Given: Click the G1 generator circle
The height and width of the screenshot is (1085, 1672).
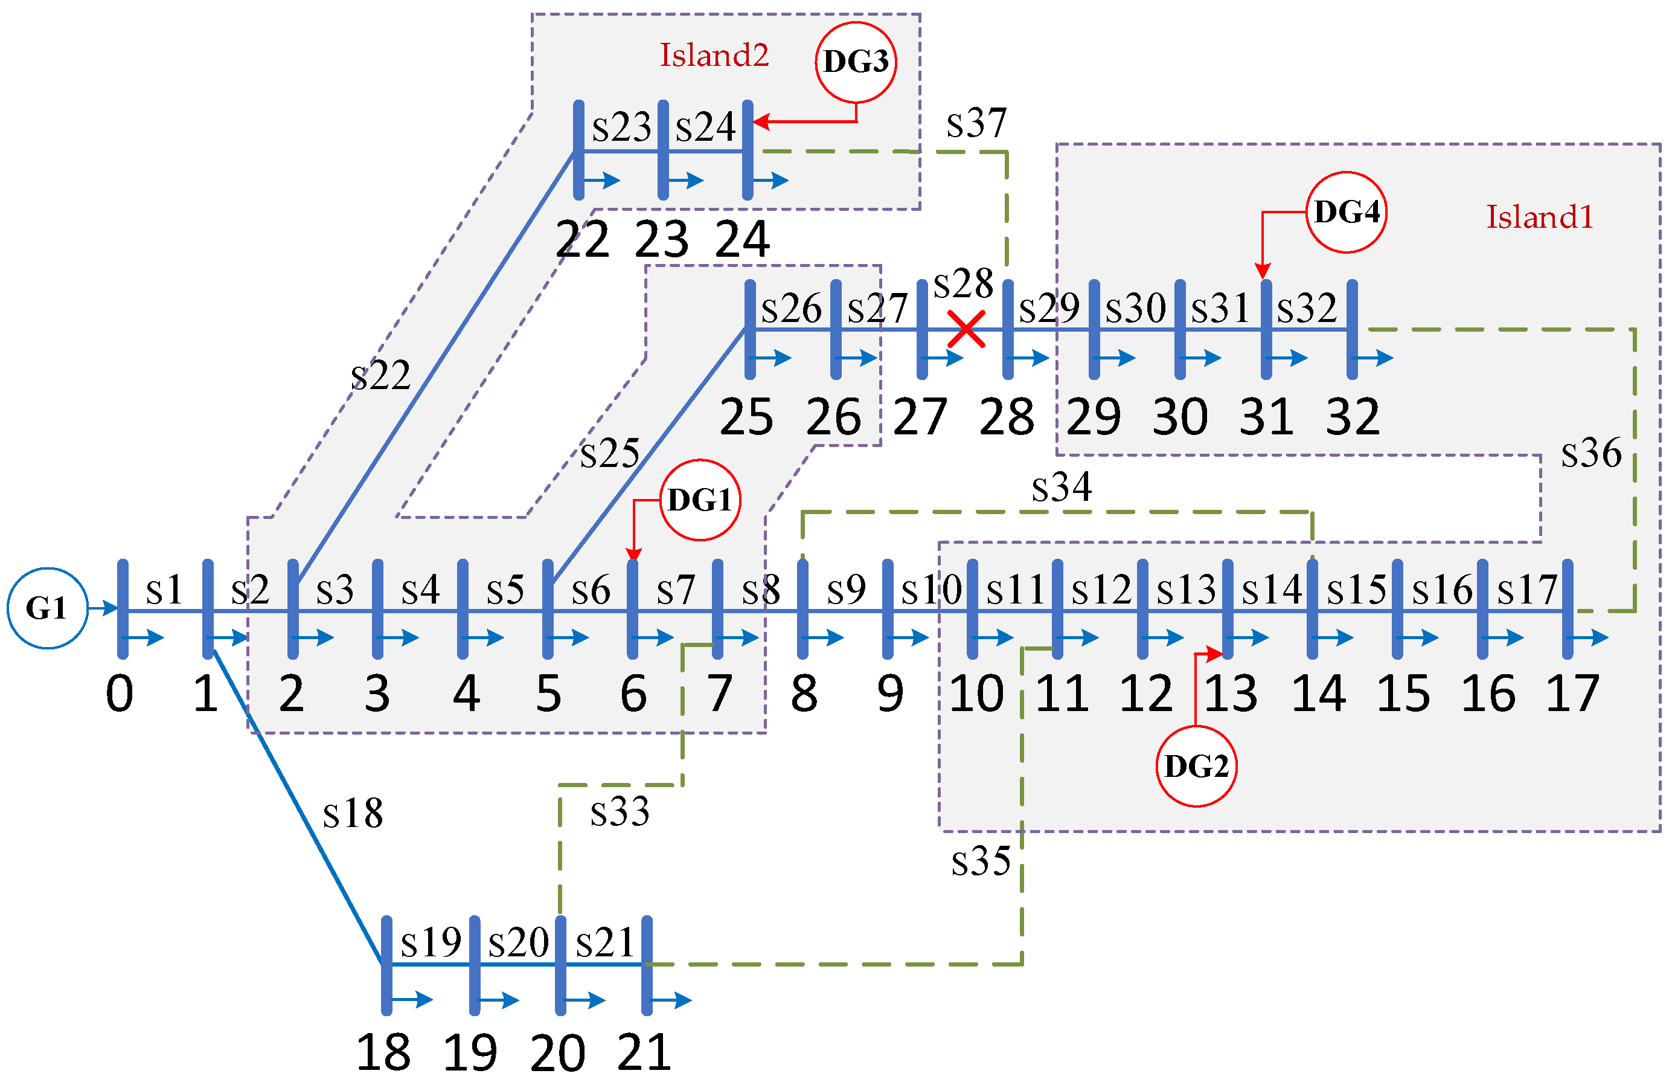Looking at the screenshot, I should (47, 608).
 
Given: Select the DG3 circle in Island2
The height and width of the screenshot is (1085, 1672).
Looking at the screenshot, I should (856, 62).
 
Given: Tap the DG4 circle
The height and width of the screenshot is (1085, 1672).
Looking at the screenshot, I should (1346, 212).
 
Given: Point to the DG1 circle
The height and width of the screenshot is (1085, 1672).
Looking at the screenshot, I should (700, 500).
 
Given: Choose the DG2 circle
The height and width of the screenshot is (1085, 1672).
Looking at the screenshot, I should (1196, 766).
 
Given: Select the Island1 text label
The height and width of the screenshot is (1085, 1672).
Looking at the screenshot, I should (1539, 217).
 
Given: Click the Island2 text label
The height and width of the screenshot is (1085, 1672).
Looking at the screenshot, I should (714, 56).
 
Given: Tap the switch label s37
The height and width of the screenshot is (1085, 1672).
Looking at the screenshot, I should (976, 124).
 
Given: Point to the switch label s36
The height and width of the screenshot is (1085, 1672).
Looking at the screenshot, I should (1591, 452).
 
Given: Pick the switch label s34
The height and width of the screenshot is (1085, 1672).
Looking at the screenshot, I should (1062, 487).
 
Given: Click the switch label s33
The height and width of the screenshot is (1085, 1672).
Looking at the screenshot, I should (620, 812).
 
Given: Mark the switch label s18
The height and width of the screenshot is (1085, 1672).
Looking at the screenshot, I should (353, 813).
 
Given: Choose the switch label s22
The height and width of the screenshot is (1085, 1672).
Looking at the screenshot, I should (380, 375).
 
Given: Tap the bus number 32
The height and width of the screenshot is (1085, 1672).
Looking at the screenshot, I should (1353, 417).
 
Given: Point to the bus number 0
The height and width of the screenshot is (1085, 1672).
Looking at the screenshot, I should (120, 694).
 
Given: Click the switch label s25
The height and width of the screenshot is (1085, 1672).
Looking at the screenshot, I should (609, 453).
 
